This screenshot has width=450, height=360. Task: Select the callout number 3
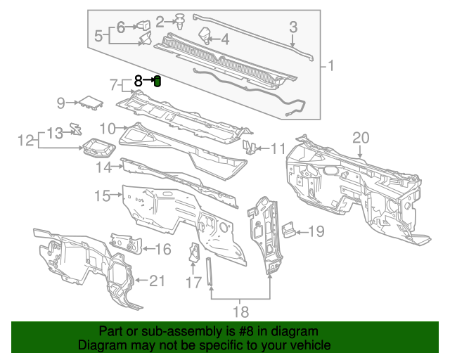(294, 27)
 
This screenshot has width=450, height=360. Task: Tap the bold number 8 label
(139, 81)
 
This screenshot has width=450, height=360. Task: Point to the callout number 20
(360, 137)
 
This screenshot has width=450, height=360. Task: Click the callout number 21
(157, 281)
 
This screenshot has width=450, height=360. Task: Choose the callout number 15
(103, 195)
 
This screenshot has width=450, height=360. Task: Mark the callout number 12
(26, 141)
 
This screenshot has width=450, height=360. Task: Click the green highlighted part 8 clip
(157, 82)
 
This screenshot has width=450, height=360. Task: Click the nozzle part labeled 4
(206, 34)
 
